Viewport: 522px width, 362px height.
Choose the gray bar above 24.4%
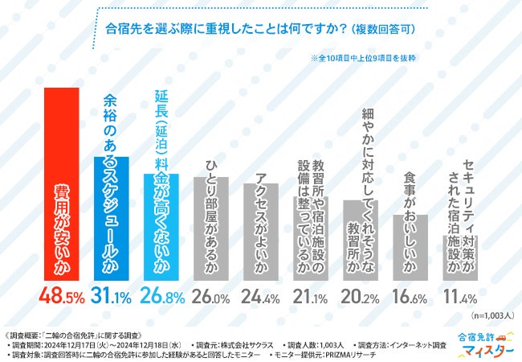pos(260,233)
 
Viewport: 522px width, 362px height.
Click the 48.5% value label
pos(61,298)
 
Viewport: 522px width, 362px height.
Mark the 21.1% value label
pos(310,298)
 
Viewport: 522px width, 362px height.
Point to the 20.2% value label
pos(360,298)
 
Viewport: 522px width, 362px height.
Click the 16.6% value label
pos(410,298)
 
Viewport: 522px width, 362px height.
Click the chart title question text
pos(261,31)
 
